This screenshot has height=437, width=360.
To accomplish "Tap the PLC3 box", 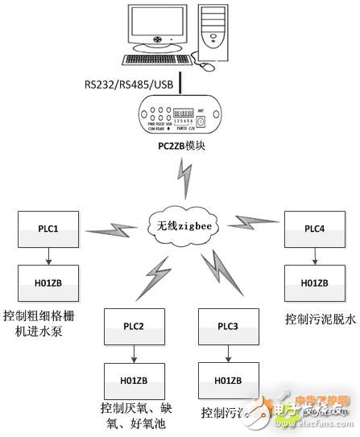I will point(229,328).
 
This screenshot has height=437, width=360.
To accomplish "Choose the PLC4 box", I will point(313,229).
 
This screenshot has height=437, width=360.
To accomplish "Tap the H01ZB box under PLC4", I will point(313,283).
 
